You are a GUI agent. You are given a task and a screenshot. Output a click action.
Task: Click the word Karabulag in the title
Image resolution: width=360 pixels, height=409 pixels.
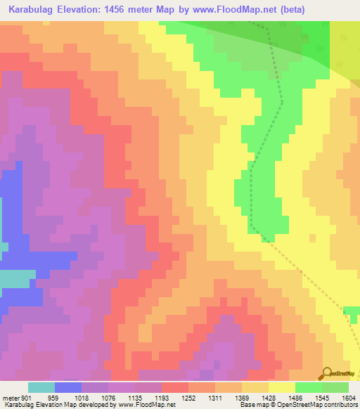tap(32, 10)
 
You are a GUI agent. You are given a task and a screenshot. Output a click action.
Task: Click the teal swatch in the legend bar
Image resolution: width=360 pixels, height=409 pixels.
tap(41, 387)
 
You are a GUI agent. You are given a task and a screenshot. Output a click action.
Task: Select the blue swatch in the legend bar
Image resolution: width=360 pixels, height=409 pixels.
tap(68, 387)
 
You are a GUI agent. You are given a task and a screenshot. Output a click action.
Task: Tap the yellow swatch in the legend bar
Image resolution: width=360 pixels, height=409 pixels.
tap(281, 387)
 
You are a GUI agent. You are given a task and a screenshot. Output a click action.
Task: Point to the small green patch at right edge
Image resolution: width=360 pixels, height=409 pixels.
tap(352, 310)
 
